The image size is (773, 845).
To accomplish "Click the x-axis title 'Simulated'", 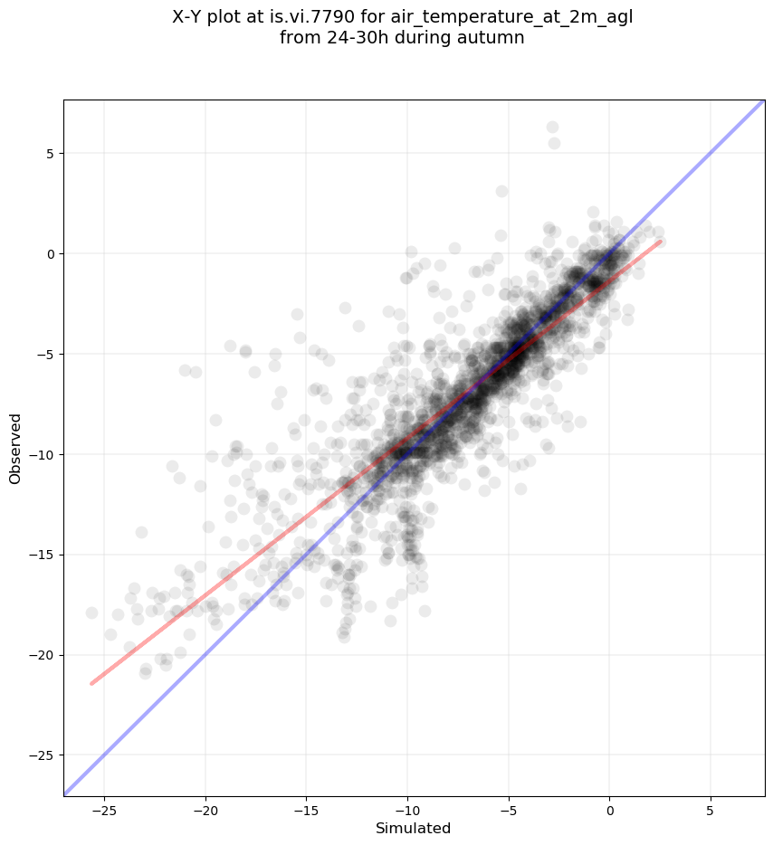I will click(414, 828).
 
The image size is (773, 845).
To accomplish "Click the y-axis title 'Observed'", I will click(15, 448).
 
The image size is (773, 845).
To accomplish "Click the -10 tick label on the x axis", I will click(406, 808).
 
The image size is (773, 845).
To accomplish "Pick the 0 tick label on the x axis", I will click(609, 808).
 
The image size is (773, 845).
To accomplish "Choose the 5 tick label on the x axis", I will click(710, 808).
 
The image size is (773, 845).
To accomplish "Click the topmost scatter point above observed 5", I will click(552, 128).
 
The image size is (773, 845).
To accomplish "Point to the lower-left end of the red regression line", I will click(91, 683).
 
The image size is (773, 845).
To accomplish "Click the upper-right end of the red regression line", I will click(660, 242).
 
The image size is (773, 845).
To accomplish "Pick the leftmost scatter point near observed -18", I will click(91, 613).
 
